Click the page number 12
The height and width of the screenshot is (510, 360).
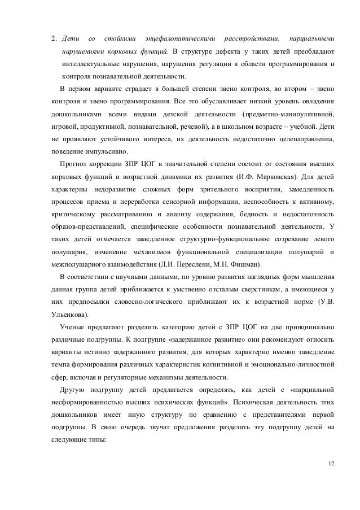click(x=330, y=463)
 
